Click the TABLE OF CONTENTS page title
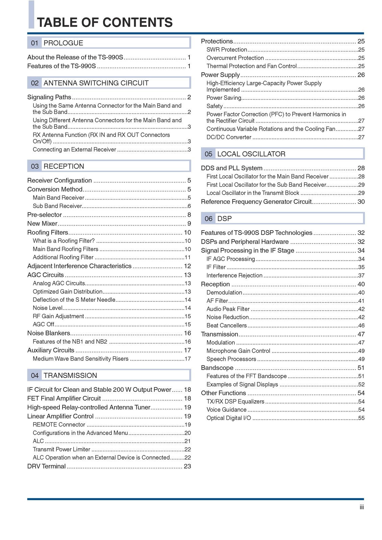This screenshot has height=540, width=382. pos(105,22)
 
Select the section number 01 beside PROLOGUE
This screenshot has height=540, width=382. pos(34,43)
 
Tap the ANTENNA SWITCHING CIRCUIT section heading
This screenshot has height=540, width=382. pos(96,83)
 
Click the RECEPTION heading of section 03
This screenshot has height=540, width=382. pos(64,166)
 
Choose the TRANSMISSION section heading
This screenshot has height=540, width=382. pos(70,375)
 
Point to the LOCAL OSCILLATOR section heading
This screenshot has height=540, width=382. pos(251,154)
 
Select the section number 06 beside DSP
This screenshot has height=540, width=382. pos(208,219)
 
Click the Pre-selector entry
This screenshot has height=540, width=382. pos(45,215)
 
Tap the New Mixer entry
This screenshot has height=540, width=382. pos(42,223)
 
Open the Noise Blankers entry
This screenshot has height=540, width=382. pos(49,333)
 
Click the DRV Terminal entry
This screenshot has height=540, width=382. pos(46,466)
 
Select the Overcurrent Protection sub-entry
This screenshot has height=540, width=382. pos(235,58)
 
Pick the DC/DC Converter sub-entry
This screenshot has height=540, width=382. pos(229,137)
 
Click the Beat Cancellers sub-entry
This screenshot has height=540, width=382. pos(227,325)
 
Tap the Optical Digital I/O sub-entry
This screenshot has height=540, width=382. pos(229,418)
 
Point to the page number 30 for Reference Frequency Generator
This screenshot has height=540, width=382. pos(361,202)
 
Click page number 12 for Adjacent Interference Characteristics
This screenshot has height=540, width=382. pos(187,266)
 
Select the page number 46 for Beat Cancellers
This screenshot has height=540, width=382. pos(361,326)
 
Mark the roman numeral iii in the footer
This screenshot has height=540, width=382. pos(362,507)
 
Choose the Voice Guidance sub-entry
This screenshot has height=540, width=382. pos(226,409)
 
